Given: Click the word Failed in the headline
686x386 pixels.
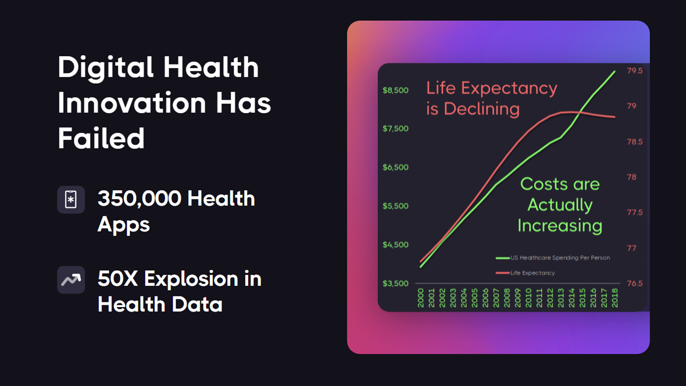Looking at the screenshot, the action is (x=101, y=138).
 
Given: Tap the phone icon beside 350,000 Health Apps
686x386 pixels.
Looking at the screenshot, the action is (x=71, y=200).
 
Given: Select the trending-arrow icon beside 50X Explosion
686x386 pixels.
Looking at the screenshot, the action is (x=71, y=280).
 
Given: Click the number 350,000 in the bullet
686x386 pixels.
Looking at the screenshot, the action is (x=139, y=199).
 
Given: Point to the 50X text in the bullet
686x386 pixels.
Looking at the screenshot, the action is (x=117, y=279).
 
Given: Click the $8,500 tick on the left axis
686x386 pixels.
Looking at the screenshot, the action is (x=396, y=91).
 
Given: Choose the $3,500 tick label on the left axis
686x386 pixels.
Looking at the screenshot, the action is (x=396, y=284).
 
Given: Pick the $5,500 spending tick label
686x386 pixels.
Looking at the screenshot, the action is (x=396, y=206).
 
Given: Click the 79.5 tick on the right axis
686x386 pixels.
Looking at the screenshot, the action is (x=635, y=71).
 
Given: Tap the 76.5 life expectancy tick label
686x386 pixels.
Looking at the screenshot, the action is (x=635, y=284).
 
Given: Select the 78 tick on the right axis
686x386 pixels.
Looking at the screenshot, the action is (x=631, y=177).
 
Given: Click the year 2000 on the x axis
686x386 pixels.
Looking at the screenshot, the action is (x=421, y=298).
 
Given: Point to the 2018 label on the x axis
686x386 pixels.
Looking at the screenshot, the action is (x=615, y=298).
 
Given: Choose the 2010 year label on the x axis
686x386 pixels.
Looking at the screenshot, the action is (x=528, y=298).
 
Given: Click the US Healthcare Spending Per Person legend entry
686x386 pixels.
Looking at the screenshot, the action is (x=553, y=258).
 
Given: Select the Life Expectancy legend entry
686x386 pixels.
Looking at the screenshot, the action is (x=525, y=273).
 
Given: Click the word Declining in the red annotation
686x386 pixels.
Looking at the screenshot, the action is (x=482, y=109).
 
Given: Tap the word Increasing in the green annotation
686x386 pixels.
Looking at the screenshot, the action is (x=560, y=226).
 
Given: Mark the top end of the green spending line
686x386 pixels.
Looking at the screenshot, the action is (x=615, y=71).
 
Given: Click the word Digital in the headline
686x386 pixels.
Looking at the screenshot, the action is (x=106, y=68).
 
